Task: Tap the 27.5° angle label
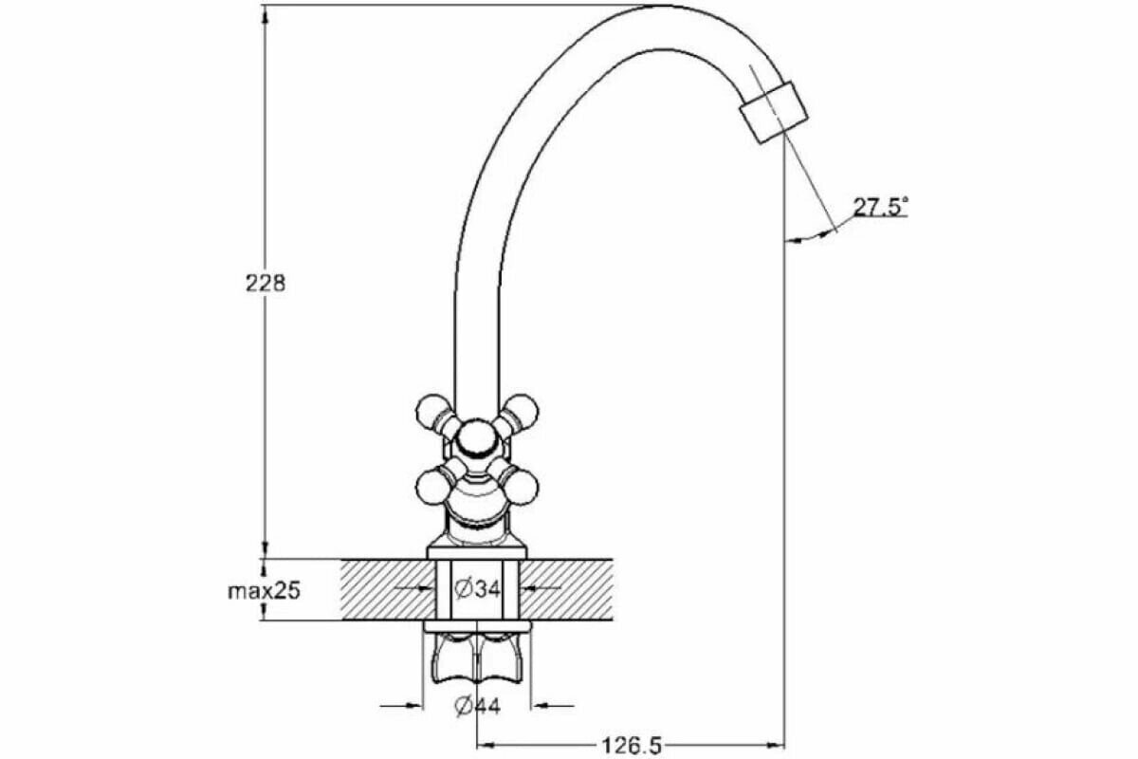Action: click(x=880, y=207)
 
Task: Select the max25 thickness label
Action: click(x=264, y=591)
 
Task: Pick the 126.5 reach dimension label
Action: click(x=630, y=747)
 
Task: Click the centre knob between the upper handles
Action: click(x=475, y=443)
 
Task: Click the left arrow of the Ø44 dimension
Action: click(x=415, y=706)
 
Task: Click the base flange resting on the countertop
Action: click(x=477, y=551)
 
